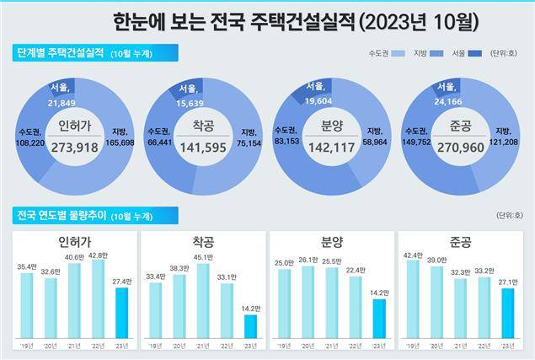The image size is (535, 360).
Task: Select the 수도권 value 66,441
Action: [x=158, y=142]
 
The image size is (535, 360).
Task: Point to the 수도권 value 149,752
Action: [x=417, y=142]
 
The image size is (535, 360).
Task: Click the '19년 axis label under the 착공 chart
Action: [x=155, y=347]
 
